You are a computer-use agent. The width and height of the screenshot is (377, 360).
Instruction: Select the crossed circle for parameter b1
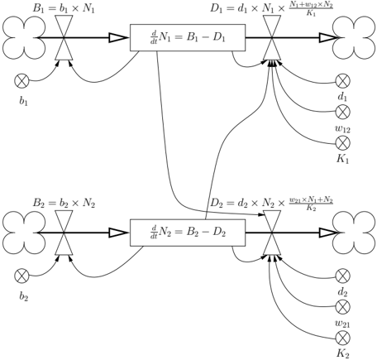21,81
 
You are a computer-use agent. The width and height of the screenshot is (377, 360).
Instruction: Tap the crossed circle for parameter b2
21,276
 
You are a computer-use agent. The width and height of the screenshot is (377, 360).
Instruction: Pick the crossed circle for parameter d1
343,81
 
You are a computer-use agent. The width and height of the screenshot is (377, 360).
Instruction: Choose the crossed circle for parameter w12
343,112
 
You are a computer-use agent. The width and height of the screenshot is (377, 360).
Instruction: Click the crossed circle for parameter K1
343,143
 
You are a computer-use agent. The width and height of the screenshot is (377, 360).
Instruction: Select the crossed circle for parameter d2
343,276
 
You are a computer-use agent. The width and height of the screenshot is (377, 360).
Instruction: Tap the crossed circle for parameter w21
343,307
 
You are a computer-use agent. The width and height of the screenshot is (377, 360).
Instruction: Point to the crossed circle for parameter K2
343,338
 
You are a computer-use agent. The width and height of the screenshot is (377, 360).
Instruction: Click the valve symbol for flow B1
64,37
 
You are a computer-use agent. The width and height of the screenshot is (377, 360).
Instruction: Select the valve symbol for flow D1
272,37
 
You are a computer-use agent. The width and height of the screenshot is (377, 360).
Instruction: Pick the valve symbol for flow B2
64,233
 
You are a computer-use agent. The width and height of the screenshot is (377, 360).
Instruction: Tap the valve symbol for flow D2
272,233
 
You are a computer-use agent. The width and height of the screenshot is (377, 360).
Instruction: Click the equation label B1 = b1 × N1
64,8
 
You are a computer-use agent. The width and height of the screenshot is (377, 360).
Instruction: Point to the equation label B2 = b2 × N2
64,203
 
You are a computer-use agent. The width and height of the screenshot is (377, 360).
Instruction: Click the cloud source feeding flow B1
24,37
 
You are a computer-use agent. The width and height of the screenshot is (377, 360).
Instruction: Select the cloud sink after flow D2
354,233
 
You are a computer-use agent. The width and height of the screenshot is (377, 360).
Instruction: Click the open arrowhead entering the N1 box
119,37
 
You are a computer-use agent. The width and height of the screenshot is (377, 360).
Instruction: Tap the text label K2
342,353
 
